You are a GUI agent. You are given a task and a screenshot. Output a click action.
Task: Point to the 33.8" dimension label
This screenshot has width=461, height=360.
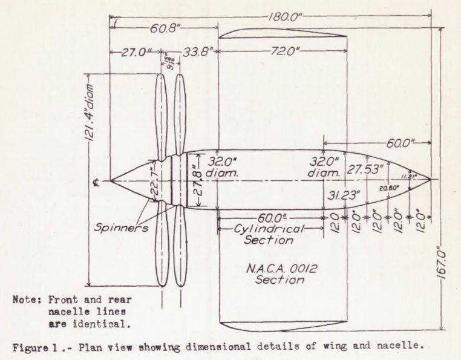pos(198,53)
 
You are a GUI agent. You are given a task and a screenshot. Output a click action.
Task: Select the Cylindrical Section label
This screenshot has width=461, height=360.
pos(269,234)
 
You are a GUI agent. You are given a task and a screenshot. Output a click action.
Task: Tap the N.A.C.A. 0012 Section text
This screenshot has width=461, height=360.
pos(279,273)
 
